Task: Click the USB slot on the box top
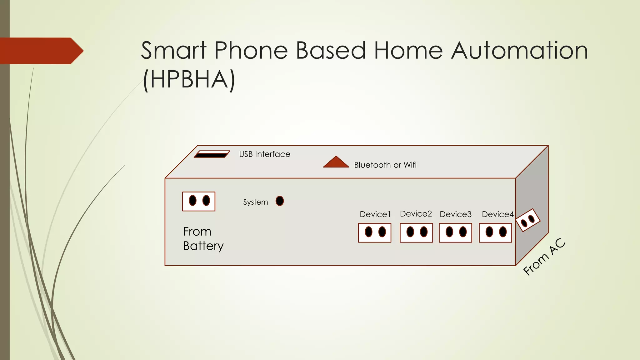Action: coord(212,154)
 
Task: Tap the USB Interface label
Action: coord(264,154)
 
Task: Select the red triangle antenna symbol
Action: coord(336,162)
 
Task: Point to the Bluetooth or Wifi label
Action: coord(385,165)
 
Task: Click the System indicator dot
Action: coord(280,201)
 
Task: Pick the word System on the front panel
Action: coord(255,202)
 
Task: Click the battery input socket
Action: coord(199,201)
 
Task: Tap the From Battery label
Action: coord(203,239)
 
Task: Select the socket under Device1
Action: coord(375,232)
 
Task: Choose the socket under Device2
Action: coord(416,232)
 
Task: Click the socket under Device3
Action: coord(455,232)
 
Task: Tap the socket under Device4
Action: coord(495,232)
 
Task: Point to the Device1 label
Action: coord(375,214)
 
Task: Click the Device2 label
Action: coord(416,214)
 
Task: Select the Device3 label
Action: coord(455,214)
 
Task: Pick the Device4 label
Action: coord(497,214)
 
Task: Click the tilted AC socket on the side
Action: coord(528,220)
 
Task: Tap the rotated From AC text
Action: coord(544,257)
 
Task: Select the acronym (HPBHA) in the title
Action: coord(189,80)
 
